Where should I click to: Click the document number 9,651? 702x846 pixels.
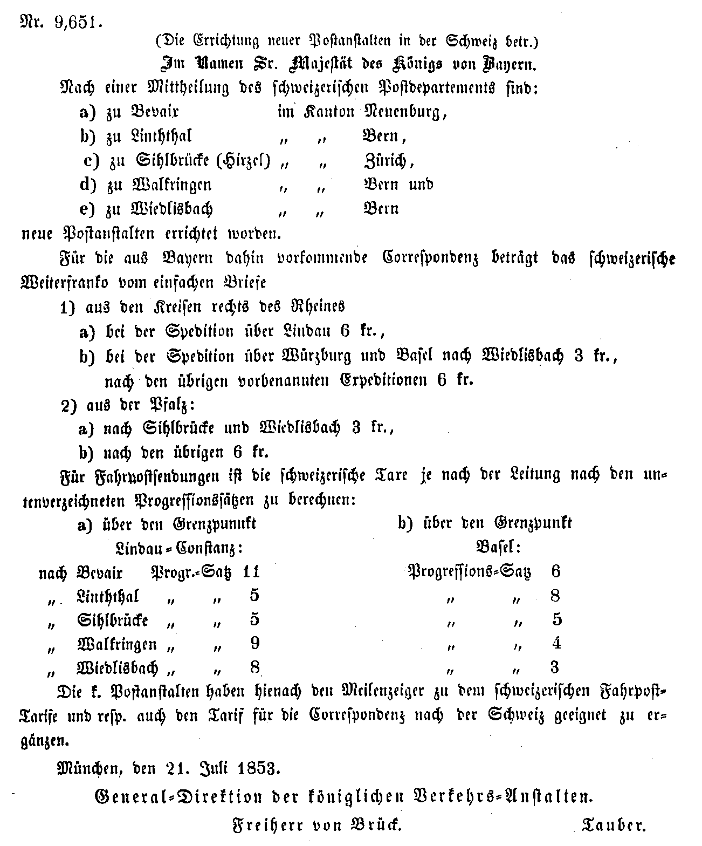(78, 23)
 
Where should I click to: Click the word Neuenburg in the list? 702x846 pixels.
(405, 112)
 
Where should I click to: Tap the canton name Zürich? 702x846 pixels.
(388, 160)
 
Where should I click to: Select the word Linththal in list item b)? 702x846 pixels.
(162, 136)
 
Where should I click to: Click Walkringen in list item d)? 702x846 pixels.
(171, 185)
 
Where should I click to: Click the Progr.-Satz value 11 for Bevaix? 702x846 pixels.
(251, 571)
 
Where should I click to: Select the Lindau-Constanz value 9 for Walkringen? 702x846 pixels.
(255, 643)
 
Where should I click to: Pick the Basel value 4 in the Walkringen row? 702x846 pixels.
(556, 643)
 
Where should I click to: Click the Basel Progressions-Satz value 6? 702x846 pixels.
(556, 571)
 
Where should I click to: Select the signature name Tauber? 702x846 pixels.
(614, 824)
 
